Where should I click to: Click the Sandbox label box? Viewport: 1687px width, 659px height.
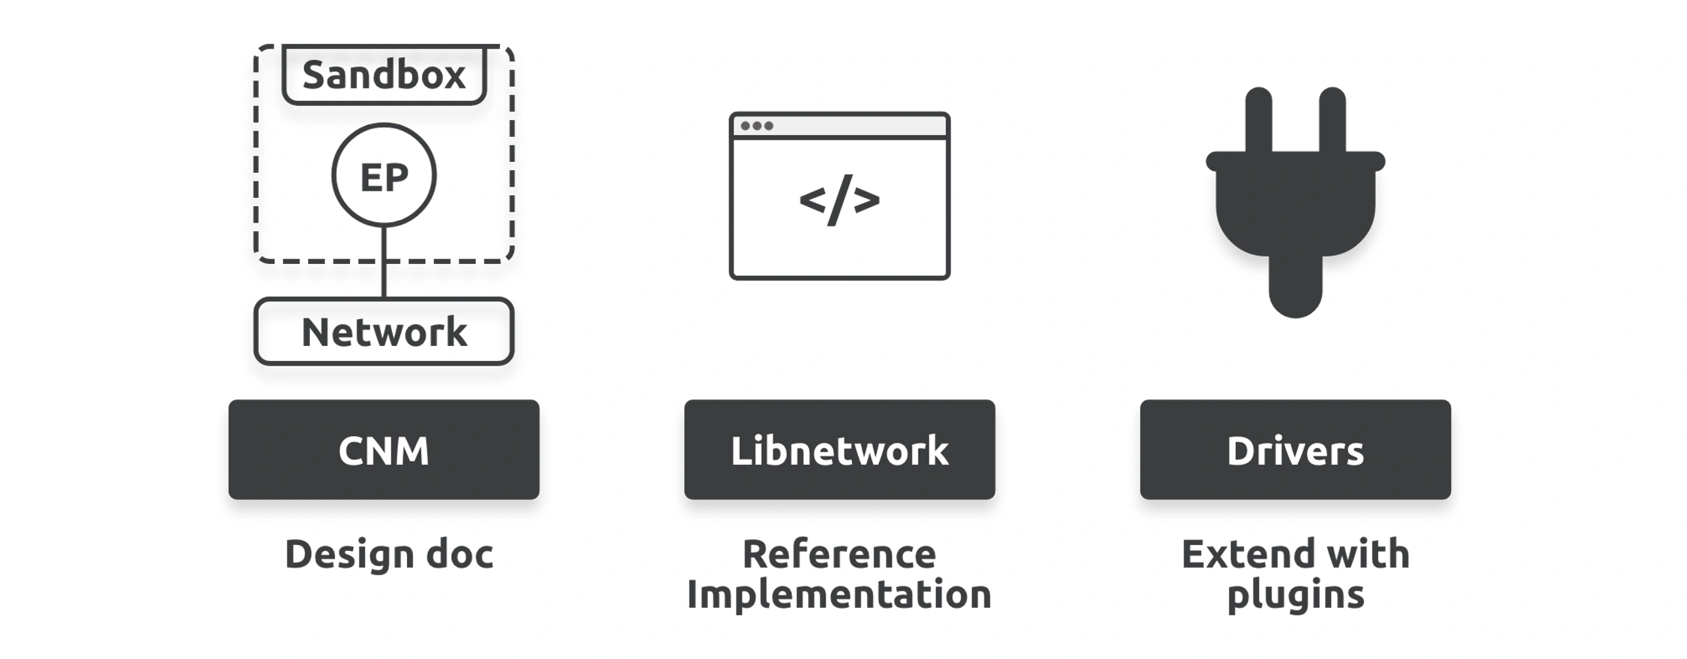(x=384, y=74)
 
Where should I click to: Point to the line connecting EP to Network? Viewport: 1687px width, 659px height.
(x=384, y=263)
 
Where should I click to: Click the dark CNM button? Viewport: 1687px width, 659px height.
(x=384, y=450)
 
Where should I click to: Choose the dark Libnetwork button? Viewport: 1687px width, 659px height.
(x=840, y=450)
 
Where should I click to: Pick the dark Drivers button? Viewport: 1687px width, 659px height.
(x=1295, y=450)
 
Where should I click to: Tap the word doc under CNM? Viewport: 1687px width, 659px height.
(x=459, y=555)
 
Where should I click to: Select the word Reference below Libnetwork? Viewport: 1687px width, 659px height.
(x=840, y=555)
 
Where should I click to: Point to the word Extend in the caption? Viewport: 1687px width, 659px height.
(x=1239, y=555)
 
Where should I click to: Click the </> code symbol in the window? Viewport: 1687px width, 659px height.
(x=840, y=200)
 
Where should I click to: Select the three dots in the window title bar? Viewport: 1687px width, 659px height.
(x=757, y=126)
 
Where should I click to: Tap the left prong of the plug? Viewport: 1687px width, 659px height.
(x=1258, y=121)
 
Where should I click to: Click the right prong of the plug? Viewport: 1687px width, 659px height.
(x=1332, y=121)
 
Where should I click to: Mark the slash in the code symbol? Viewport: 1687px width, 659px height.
(x=840, y=200)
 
